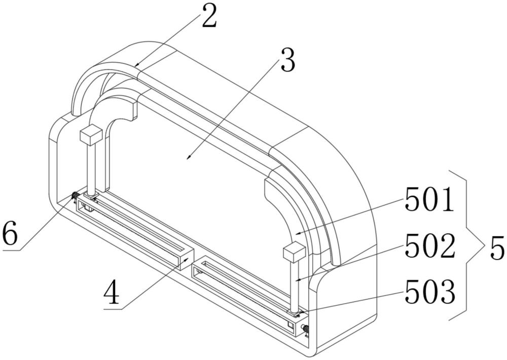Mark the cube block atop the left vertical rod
(x=91, y=135)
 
